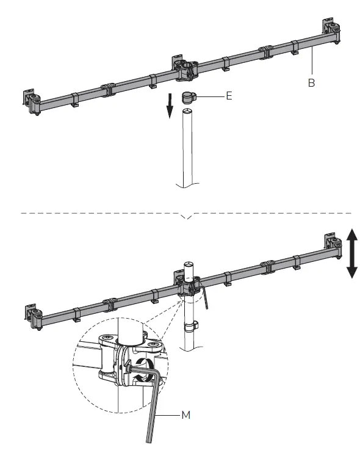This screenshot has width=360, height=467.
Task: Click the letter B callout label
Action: (311, 83)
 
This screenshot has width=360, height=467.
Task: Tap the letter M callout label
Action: (186, 415)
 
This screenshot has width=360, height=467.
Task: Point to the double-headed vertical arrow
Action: (351, 253)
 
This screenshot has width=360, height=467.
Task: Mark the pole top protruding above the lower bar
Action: (189, 269)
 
